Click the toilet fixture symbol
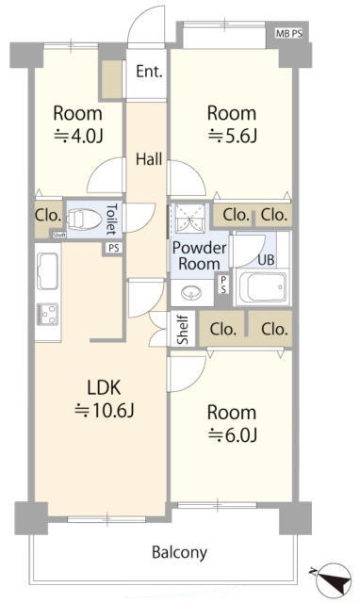coord(82,220)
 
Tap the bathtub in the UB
coord(263,287)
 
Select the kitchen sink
coord(48,271)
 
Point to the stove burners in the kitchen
coord(48,314)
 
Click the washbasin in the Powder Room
coord(192,294)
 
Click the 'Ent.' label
coord(149,72)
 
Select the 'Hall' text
coord(149,159)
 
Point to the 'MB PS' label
coord(288,34)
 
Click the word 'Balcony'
coord(180,553)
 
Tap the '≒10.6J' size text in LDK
coord(105,411)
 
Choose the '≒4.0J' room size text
coord(78,136)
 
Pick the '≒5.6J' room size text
coord(232,136)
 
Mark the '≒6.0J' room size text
coord(232,434)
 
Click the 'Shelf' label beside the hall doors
coord(183,329)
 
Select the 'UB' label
coord(266,260)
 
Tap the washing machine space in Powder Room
coord(188,218)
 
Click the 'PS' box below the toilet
coord(113,248)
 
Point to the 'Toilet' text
coord(111,220)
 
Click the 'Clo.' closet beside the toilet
coord(48,216)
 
